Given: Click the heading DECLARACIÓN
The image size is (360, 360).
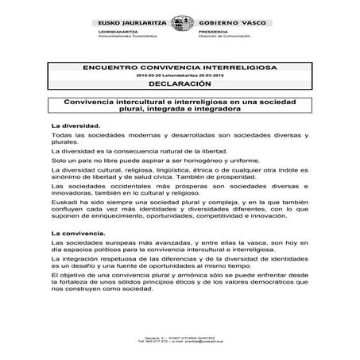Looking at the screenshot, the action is [x=179, y=83].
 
